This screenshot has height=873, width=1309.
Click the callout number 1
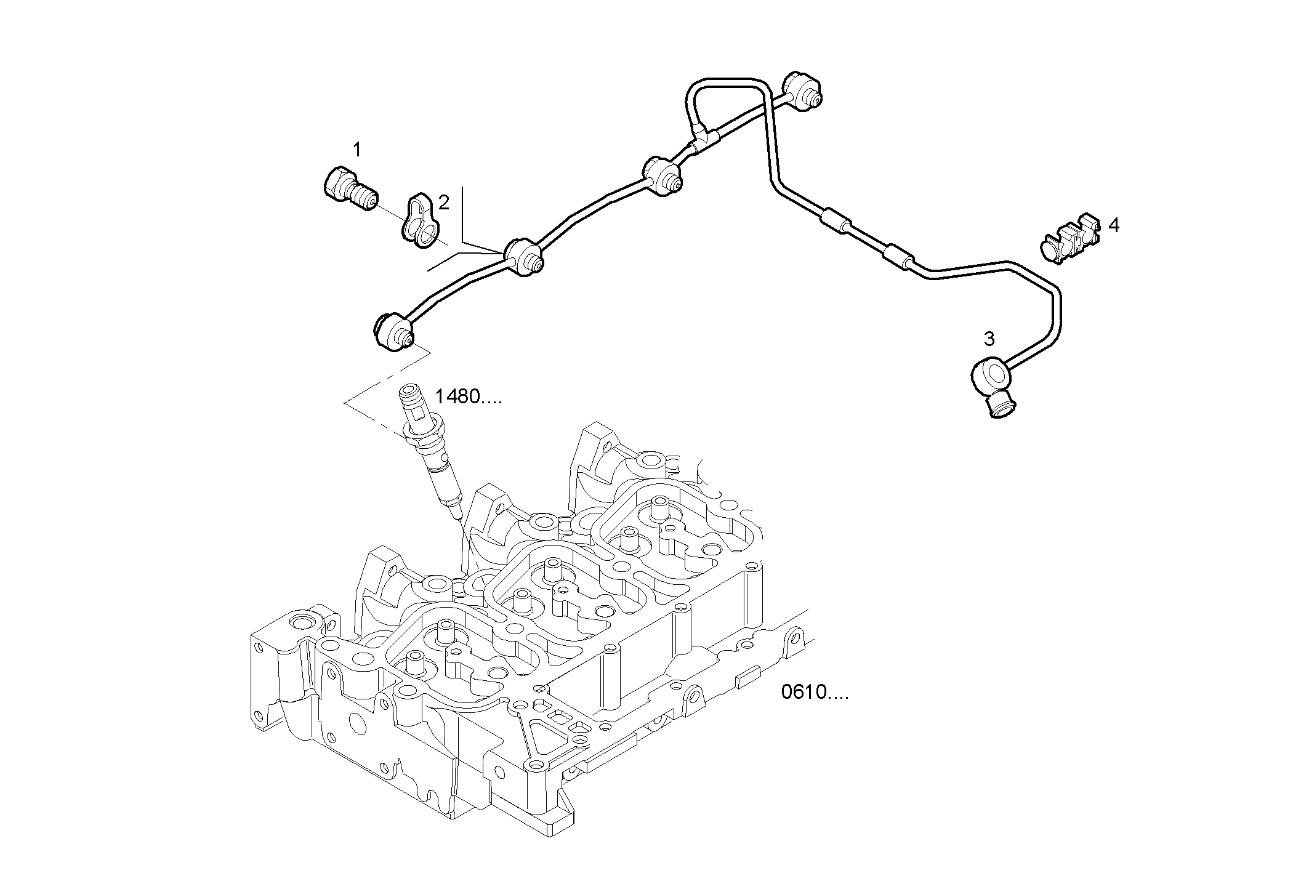pos(357,150)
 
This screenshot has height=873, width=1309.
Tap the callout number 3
pos(989,339)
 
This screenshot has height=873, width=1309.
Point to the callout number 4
pos(1113,226)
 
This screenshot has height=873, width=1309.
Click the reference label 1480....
pos(468,396)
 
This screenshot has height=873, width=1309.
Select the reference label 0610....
pos(815,693)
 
